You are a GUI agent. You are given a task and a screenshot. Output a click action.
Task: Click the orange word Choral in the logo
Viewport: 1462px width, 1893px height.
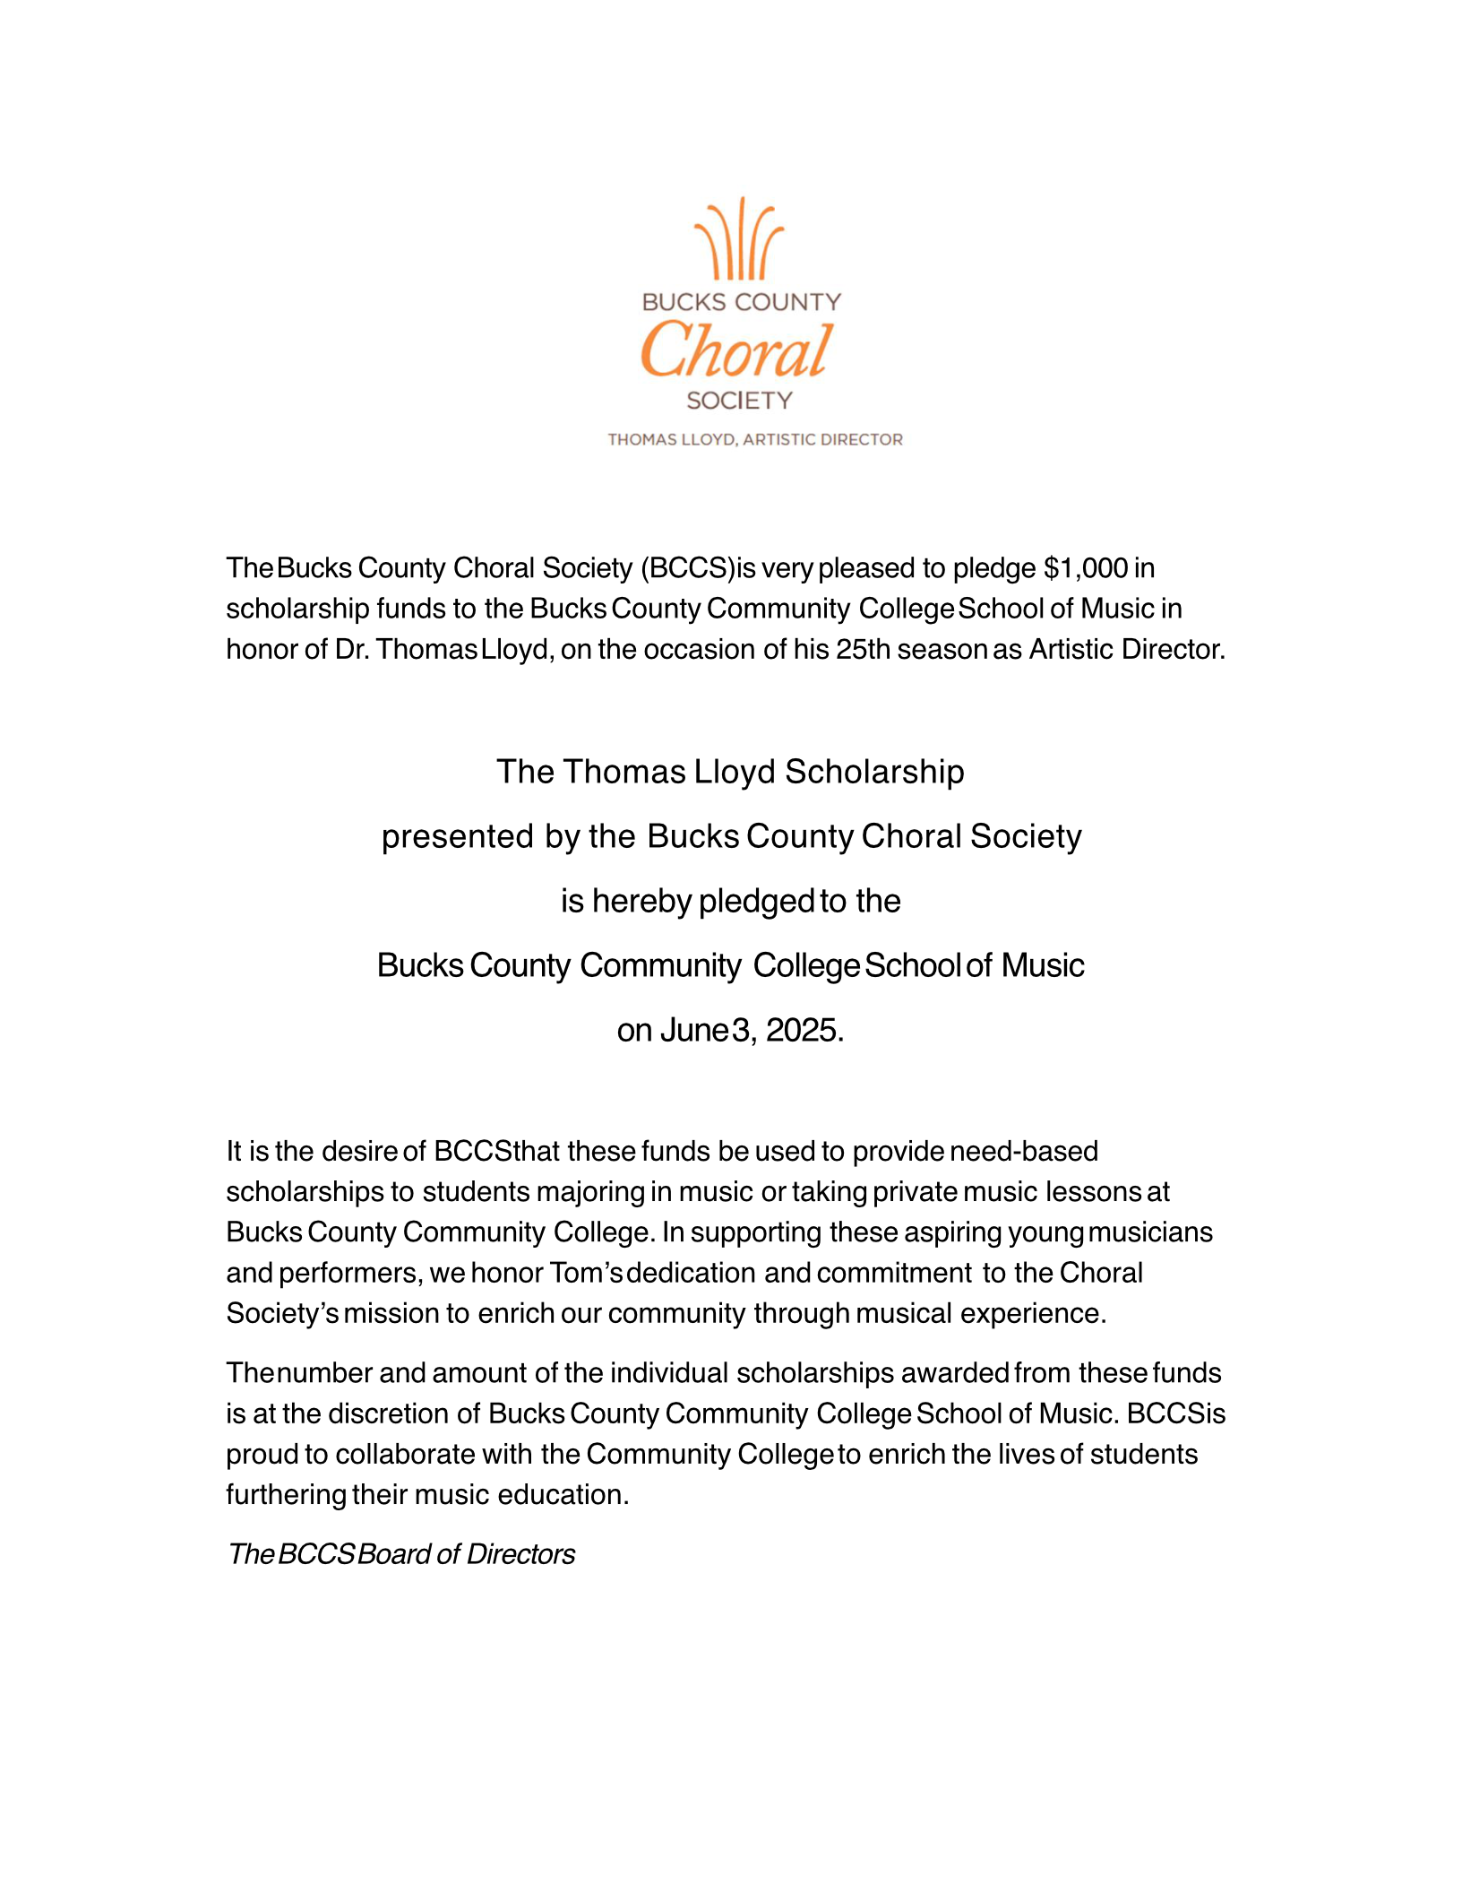click(x=737, y=350)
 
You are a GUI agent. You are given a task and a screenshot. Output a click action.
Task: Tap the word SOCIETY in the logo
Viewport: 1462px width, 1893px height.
click(x=740, y=401)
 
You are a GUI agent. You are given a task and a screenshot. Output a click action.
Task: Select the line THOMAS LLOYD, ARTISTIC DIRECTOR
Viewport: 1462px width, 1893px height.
click(x=755, y=439)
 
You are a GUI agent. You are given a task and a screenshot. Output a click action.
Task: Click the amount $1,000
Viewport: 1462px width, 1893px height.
click(x=1085, y=568)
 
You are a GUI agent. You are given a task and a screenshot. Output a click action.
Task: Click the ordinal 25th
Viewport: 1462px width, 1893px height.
click(x=863, y=649)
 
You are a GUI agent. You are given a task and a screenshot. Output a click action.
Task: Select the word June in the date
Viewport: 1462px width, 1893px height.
click(x=693, y=1031)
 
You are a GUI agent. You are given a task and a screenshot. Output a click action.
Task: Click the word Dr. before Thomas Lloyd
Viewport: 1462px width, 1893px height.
click(x=352, y=649)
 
